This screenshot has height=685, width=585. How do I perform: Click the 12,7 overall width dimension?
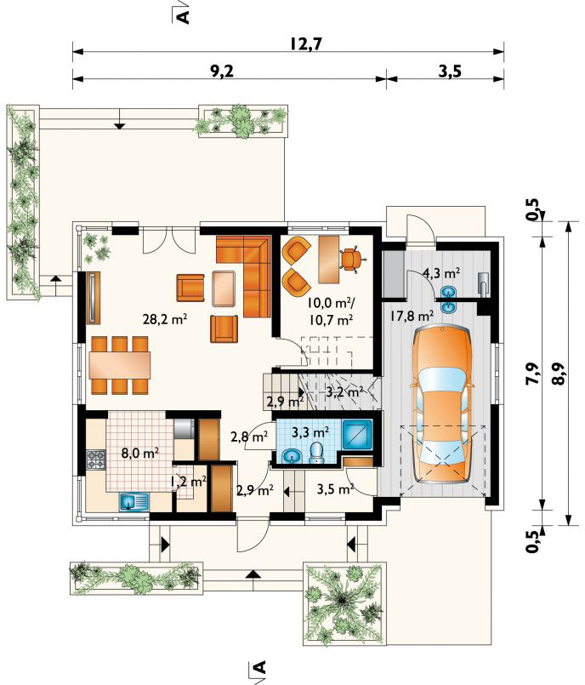coord(305,44)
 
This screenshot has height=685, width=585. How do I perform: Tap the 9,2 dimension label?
coord(222,71)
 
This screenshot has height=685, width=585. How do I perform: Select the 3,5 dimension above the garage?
coord(450,71)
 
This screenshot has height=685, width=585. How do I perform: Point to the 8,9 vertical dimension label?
coord(561,374)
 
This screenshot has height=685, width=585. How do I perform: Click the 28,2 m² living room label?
coord(166,319)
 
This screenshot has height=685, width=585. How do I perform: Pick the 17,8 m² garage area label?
coord(412,316)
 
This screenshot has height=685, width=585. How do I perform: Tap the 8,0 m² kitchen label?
coord(139,453)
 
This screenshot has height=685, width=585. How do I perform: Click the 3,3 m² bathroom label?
coord(310,432)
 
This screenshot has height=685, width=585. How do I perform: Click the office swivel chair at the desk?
coord(350,260)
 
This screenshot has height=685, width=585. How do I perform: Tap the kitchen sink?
coord(133,502)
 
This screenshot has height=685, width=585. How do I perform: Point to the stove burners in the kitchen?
coord(96,460)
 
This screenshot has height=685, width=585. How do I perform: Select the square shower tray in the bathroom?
coord(357,435)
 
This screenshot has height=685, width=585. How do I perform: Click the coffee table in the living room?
coord(224,288)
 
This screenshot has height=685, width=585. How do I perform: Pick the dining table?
coord(120,365)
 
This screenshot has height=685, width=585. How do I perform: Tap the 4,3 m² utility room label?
coord(441,274)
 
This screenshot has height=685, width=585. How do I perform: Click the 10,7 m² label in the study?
coord(331,320)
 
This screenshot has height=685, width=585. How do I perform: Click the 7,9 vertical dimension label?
coord(533,374)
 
